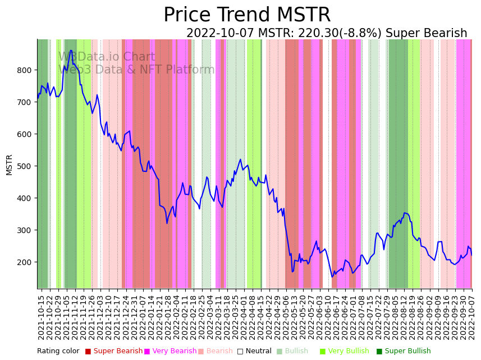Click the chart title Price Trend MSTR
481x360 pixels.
tap(247, 15)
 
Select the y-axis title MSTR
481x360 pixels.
tap(9, 165)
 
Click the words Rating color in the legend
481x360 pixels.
tap(58, 351)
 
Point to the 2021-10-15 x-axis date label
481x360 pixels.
tap(41, 317)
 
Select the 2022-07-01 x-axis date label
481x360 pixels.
tap(354, 317)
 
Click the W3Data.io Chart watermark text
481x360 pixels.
tap(107, 57)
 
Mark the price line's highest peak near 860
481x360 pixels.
tap(71, 51)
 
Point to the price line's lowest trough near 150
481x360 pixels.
tap(332, 277)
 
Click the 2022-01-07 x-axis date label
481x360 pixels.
tap(143, 317)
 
